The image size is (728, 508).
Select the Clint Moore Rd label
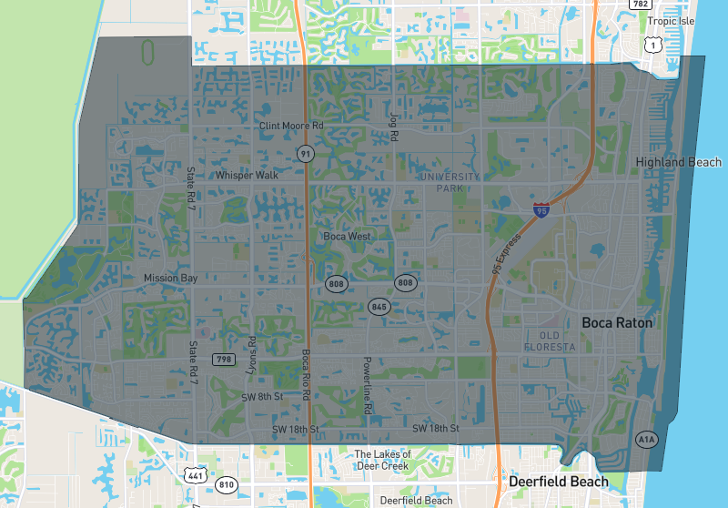pos(291,126)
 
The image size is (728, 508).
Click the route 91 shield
pos(305,154)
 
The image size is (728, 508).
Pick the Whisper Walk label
pos(247,175)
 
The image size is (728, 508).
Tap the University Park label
pos(449,181)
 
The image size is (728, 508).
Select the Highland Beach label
pos(679,162)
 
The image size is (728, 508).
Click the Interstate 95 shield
pos(541,210)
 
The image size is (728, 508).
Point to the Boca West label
pos(347,237)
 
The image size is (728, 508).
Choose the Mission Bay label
pos(169,278)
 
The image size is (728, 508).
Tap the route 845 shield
pos(379,307)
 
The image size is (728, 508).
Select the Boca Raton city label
pos(618,322)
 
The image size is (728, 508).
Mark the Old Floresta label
pos(551,342)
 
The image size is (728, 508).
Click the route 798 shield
pos(223,360)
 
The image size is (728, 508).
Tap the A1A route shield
pos(646,440)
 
